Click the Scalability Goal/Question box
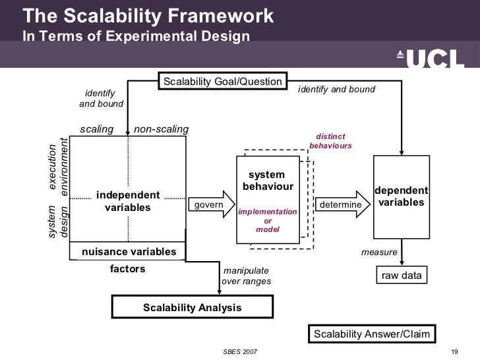223,82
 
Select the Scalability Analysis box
192,307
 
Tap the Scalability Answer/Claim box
372,334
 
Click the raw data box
402,276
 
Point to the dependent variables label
402,196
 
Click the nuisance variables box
129,252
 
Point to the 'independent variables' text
128,202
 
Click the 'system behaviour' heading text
268,181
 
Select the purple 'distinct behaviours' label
330,141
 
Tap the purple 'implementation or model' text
268,220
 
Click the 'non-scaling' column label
161,129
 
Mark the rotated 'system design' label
59,222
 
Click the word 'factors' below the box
127,269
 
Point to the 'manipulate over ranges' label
246,276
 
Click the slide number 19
454,351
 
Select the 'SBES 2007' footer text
240,351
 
